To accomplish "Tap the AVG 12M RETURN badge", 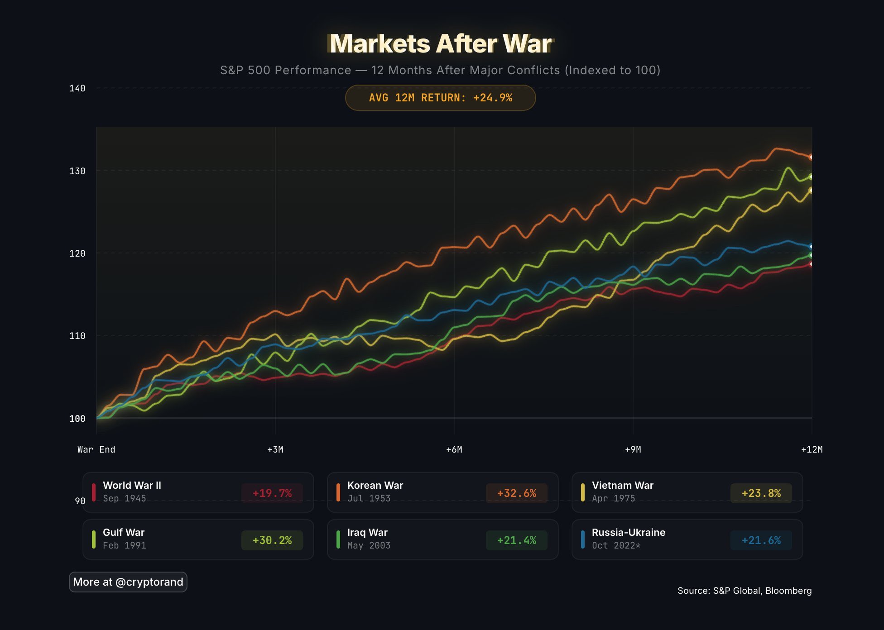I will pyautogui.click(x=440, y=98).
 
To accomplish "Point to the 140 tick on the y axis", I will pyautogui.click(x=77, y=88).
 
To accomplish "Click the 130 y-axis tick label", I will pyautogui.click(x=77, y=171).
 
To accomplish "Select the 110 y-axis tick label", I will pyautogui.click(x=77, y=336).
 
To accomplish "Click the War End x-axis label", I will pyautogui.click(x=96, y=449).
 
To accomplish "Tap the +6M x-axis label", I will pyautogui.click(x=454, y=449).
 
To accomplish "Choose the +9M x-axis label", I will pyautogui.click(x=633, y=449).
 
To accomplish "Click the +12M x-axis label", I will pyautogui.click(x=812, y=449).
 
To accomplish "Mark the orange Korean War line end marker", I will pyautogui.click(x=811, y=157).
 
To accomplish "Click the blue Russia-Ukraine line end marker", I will pyautogui.click(x=811, y=247).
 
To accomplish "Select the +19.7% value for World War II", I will pyautogui.click(x=272, y=493).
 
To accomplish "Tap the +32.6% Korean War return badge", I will pyautogui.click(x=517, y=493).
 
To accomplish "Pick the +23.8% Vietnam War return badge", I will pyautogui.click(x=761, y=493).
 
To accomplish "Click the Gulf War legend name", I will pyautogui.click(x=124, y=532).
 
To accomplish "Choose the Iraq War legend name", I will pyautogui.click(x=367, y=532).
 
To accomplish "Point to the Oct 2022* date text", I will pyautogui.click(x=616, y=545).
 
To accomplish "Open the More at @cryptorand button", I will pyautogui.click(x=128, y=582).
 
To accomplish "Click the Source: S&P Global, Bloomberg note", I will pyautogui.click(x=745, y=591).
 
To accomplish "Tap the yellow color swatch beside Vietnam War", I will pyautogui.click(x=583, y=492).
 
